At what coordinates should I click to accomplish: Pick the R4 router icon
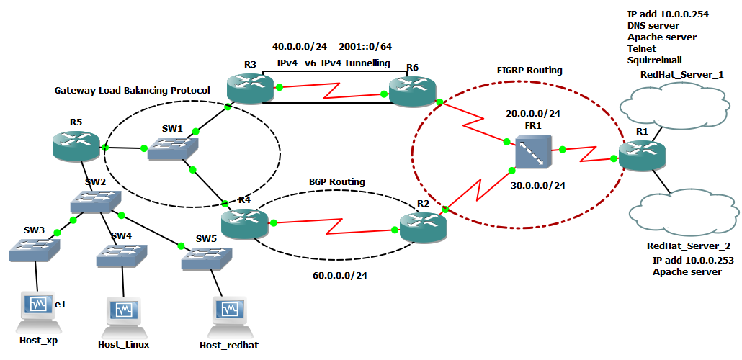[x=243, y=222]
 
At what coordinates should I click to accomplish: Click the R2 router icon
[x=424, y=226]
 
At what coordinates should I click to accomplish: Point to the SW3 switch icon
[x=35, y=249]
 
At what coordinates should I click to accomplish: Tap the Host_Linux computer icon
[x=123, y=312]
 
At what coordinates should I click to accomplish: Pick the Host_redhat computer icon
[x=228, y=312]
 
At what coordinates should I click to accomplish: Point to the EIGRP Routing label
[x=529, y=71]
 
